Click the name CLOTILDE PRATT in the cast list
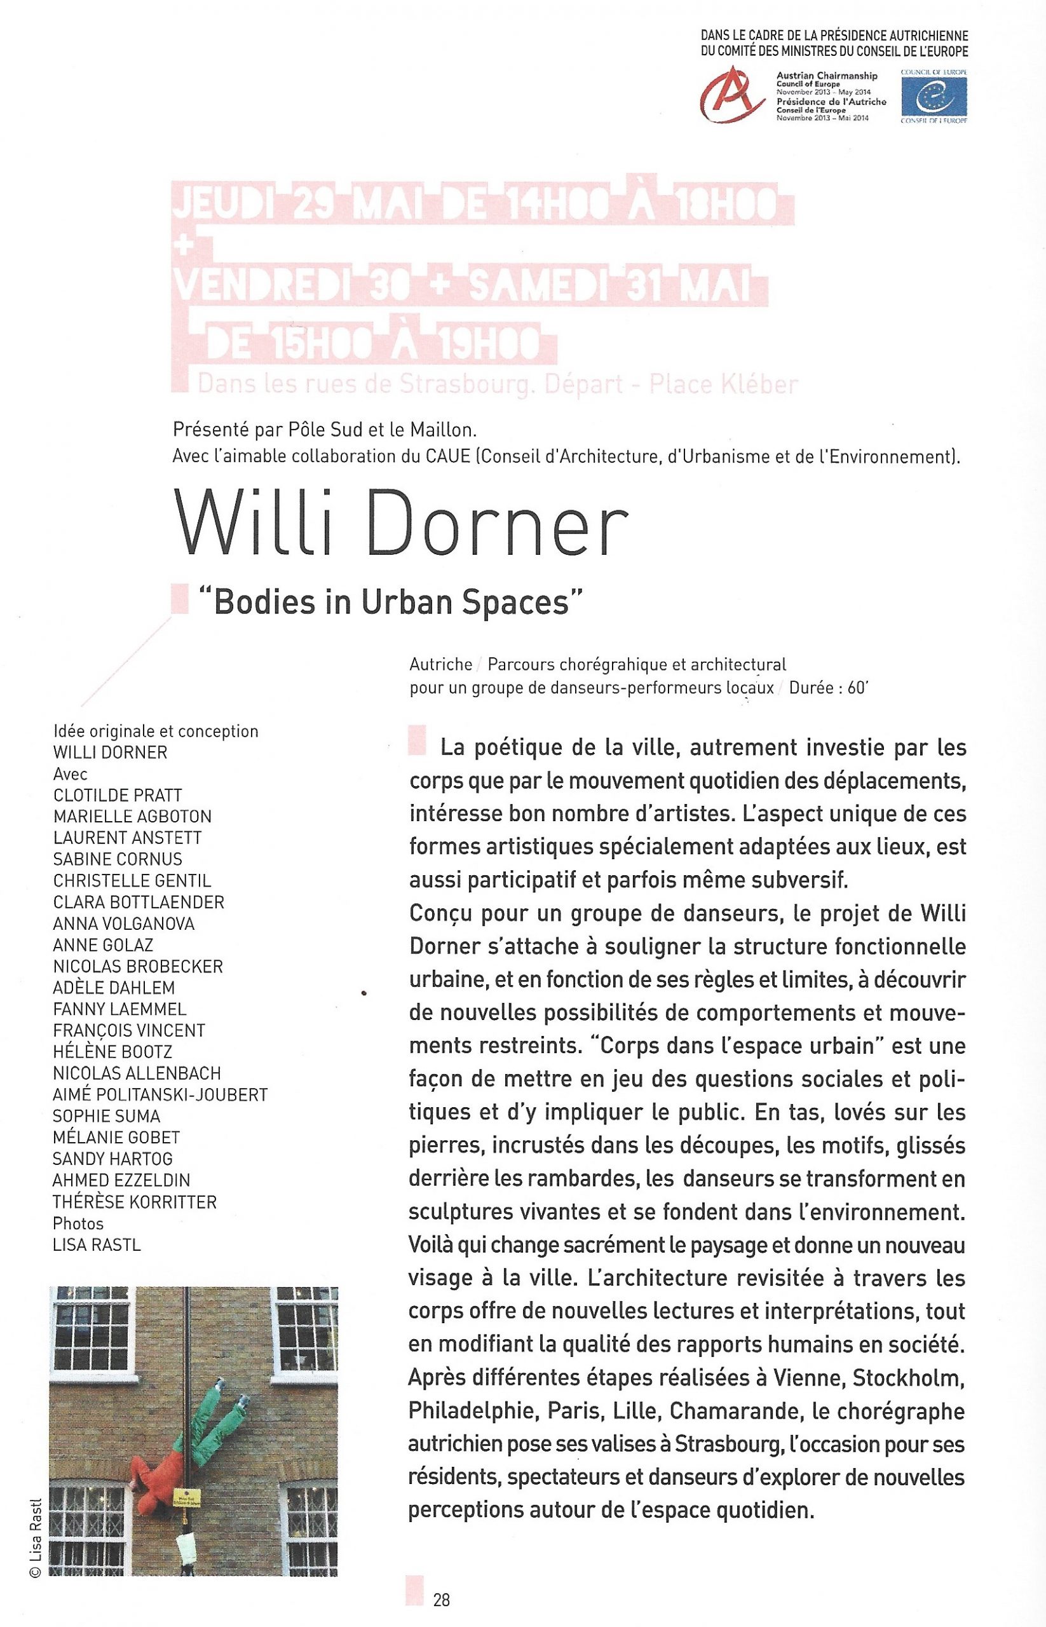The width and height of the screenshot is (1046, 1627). [118, 795]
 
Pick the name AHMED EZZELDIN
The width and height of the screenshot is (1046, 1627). [121, 1180]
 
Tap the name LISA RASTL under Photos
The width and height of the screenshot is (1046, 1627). [97, 1244]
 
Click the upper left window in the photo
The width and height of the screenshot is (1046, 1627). [91, 1328]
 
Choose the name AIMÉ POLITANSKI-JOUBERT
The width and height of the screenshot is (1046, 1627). [160, 1094]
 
